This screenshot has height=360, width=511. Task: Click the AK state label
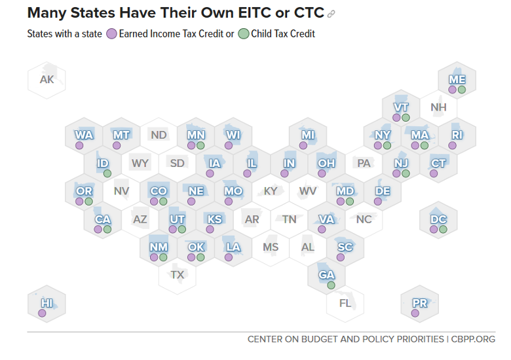pos(47,80)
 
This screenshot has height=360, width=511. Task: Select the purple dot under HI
pos(42,314)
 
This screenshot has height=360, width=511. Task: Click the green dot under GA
pos(331,285)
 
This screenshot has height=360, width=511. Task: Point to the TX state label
pos(178,275)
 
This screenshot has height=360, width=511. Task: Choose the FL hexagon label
pos(345,303)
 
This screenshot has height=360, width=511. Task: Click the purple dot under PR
pos(415,314)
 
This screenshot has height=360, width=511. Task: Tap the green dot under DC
pos(443,230)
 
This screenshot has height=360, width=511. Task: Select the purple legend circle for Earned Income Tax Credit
pos(111,33)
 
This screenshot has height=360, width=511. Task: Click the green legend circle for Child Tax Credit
pos(243,33)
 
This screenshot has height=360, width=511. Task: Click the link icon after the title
pos(331,14)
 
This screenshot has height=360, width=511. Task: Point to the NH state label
pos(438,107)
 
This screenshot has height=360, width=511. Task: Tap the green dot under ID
pos(107,173)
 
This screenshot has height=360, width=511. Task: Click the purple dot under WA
pos(79,145)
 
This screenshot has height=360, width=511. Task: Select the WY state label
pos(140,163)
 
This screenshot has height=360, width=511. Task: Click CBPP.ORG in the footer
pos(473,339)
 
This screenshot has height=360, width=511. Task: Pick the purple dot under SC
pos(340,257)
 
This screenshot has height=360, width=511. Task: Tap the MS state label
pos(271,247)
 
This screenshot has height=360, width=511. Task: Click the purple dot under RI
pos(452,145)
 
